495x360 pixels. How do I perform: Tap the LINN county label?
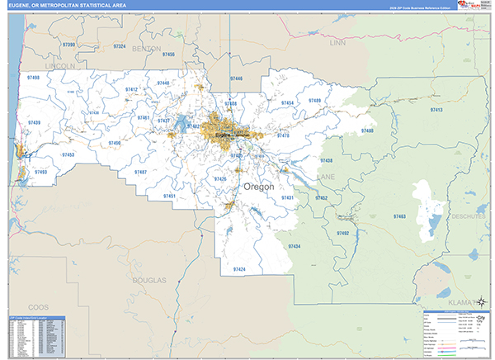337,41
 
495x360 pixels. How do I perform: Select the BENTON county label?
146,49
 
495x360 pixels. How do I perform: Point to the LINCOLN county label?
60,64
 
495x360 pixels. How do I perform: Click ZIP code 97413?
436,110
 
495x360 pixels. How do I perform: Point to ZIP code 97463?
399,216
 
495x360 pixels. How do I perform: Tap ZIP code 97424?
239,269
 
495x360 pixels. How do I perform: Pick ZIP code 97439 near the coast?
34,123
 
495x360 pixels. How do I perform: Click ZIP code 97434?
294,246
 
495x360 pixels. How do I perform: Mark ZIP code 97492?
343,234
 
